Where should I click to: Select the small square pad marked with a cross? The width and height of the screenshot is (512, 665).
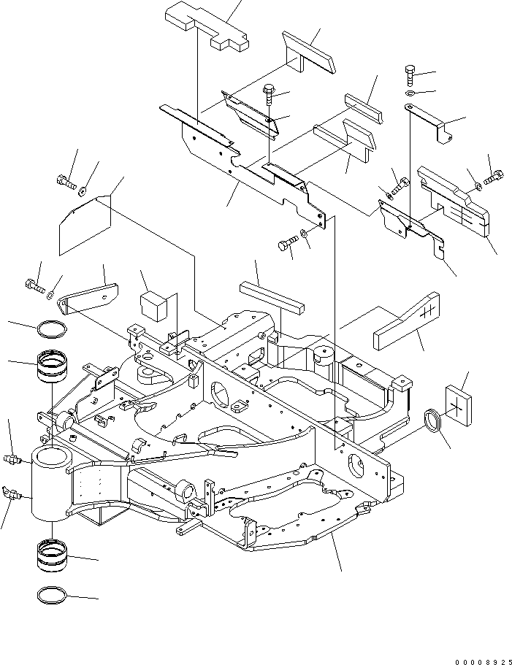click(x=459, y=404)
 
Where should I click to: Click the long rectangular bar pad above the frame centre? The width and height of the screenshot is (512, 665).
click(x=271, y=296)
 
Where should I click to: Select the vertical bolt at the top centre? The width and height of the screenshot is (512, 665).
click(x=269, y=92)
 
